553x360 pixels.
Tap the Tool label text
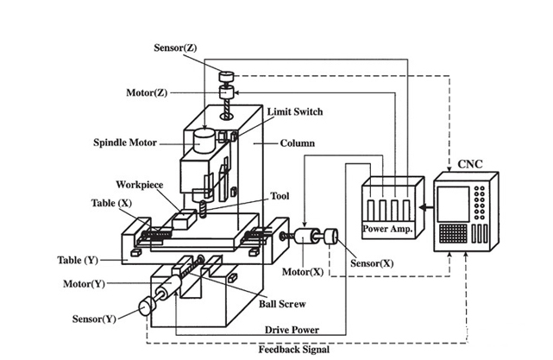(281, 195)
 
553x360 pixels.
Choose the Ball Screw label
(282, 304)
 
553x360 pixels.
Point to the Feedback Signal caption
(292, 351)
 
